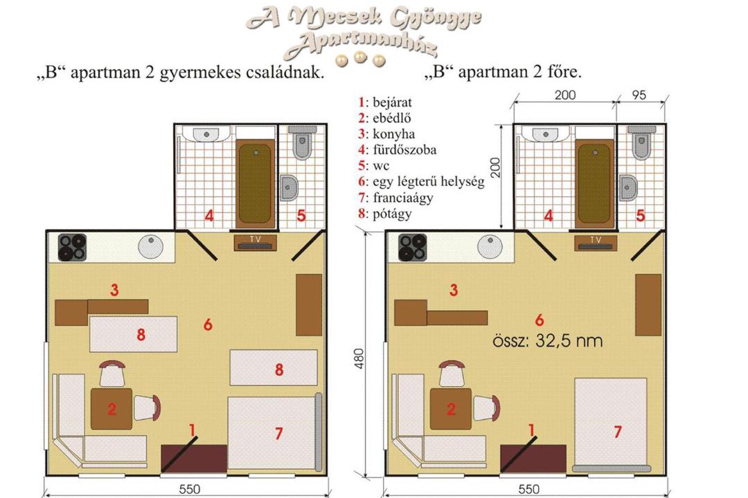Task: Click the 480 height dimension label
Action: tap(359, 358)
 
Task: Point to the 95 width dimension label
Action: tap(639, 95)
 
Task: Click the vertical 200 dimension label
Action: tap(496, 167)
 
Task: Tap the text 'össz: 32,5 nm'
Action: tap(548, 341)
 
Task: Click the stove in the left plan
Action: tap(73, 248)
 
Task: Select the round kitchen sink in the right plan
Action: tap(490, 248)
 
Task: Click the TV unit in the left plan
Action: tap(255, 243)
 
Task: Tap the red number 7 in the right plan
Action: tap(618, 432)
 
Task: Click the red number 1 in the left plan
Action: tap(193, 430)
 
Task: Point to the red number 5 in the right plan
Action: tap(641, 215)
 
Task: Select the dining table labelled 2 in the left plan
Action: tap(112, 409)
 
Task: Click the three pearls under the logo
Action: tap(360, 59)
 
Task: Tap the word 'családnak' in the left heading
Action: tap(285, 73)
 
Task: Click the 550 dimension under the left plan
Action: tap(189, 490)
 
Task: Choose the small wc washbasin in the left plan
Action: tap(288, 187)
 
